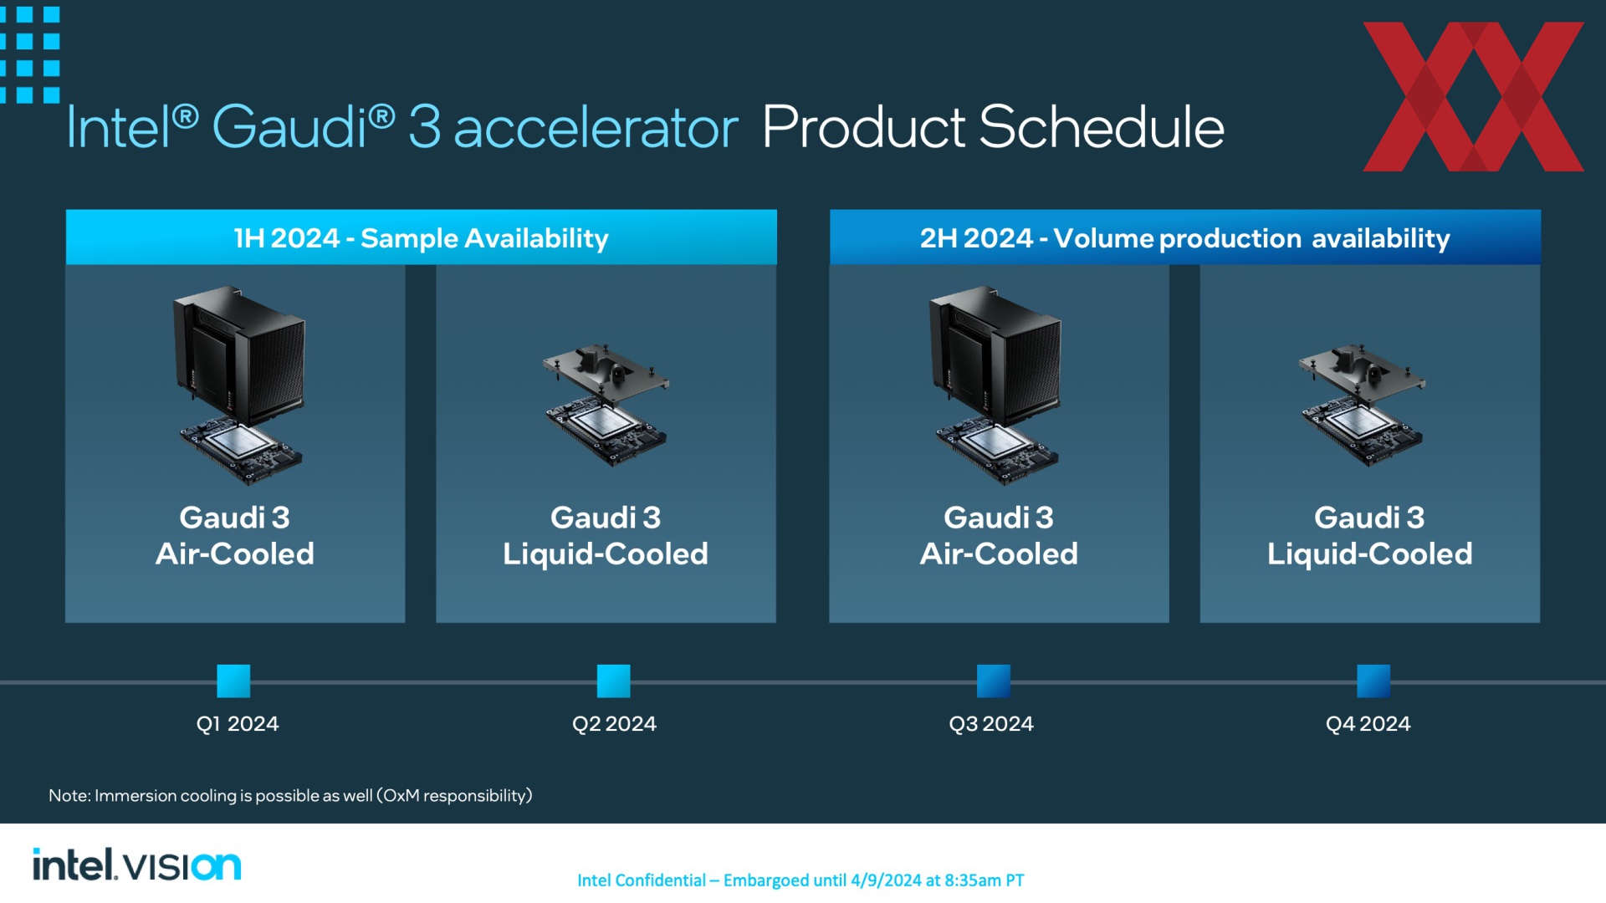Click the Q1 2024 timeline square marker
pos(233,681)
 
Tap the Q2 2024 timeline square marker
pos(613,681)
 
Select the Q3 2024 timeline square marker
pos(993,681)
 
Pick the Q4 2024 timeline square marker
pos(1373,681)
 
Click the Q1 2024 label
pos(238,724)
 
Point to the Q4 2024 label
pos(1368,724)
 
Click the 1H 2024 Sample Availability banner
pos(422,237)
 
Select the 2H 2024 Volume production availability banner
pos(1184,237)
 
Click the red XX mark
pos(1473,97)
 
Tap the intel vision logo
pos(137,865)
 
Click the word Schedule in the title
pos(1102,128)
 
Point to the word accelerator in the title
pos(596,130)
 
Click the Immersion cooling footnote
pos(290,795)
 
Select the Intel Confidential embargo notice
pos(800,880)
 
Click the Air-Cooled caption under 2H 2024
pos(999,554)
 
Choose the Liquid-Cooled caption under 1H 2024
pos(606,554)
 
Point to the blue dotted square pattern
pos(28,54)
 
